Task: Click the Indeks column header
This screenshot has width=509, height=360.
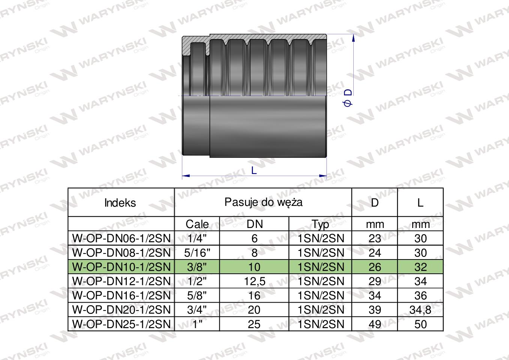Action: tap(120, 203)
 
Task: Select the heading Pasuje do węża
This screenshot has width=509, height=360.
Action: tap(263, 202)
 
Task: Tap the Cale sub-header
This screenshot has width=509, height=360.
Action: tap(197, 224)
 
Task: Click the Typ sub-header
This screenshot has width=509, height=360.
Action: tap(320, 224)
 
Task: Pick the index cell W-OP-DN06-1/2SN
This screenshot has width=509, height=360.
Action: tap(121, 238)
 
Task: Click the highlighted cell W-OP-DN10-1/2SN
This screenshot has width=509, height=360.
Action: tap(121, 267)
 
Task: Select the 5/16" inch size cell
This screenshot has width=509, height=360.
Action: tap(197, 253)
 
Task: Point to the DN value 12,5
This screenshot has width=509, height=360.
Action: tap(254, 281)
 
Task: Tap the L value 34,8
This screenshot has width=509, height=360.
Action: tap(420, 310)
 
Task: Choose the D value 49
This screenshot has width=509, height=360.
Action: tap(375, 324)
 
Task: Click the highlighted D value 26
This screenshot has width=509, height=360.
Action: tap(375, 267)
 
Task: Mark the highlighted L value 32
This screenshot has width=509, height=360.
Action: tap(420, 267)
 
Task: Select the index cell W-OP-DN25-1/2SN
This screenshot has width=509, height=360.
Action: tap(121, 324)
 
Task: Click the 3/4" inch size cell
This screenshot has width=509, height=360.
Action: tap(197, 310)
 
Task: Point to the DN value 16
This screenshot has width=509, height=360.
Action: tap(254, 295)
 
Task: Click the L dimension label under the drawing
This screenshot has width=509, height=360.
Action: tap(254, 170)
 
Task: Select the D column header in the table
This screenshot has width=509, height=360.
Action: tap(375, 203)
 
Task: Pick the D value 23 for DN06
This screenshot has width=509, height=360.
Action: tap(375, 238)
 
